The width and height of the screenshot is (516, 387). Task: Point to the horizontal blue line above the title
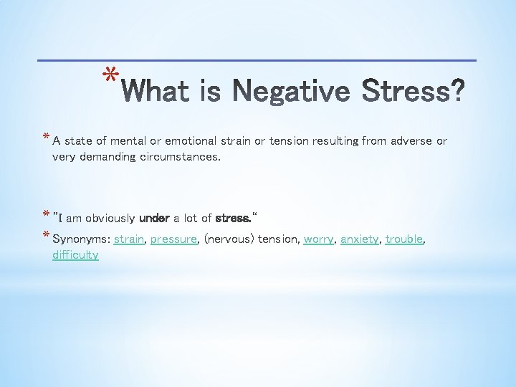(x=257, y=59)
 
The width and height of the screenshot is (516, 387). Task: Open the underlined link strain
(x=129, y=239)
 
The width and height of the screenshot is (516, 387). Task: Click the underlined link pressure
(x=173, y=239)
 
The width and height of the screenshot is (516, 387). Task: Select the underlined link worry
(x=318, y=239)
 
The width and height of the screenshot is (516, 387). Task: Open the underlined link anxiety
(x=359, y=239)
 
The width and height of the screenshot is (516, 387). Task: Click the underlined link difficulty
(x=75, y=254)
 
